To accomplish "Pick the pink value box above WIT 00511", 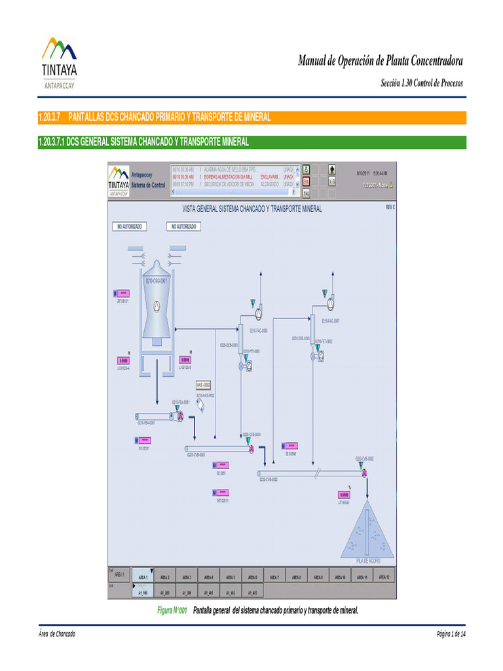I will coord(220,492).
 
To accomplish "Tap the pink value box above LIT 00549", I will coord(344,495).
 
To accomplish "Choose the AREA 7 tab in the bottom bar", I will coord(274,577).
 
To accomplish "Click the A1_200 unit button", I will coord(164,592).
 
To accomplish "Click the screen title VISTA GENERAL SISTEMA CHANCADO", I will coord(251,209).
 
